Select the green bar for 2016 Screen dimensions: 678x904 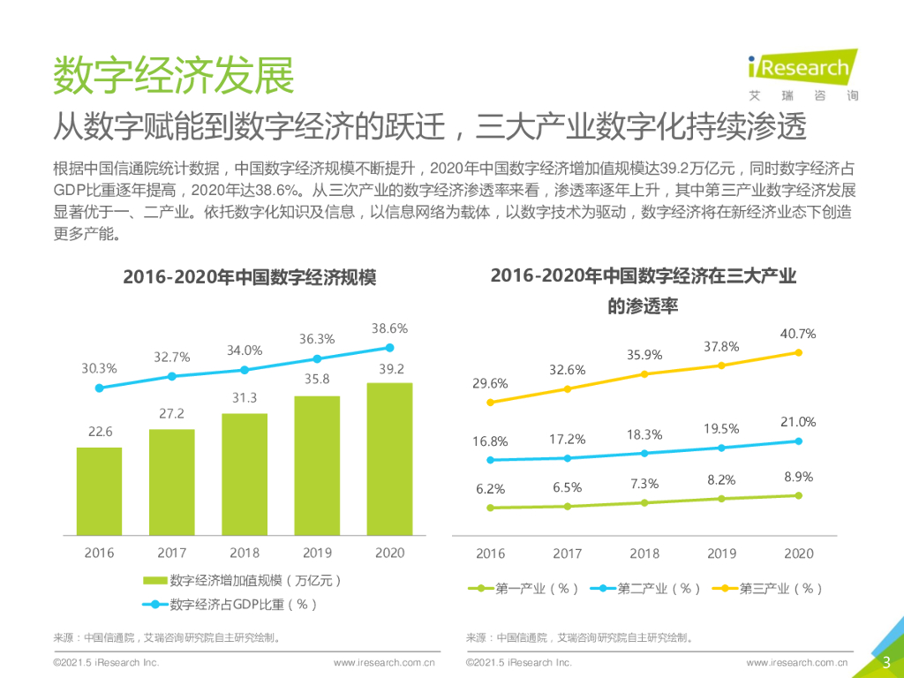[x=99, y=491]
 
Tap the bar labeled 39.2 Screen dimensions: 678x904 [x=389, y=458]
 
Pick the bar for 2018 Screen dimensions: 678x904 [x=245, y=473]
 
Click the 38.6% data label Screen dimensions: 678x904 [x=389, y=328]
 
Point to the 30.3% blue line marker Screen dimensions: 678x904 [x=99, y=388]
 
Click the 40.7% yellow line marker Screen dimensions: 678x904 [x=798, y=352]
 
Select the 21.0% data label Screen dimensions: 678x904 [x=798, y=422]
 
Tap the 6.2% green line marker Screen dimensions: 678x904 [x=490, y=508]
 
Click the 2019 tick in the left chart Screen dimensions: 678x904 [x=317, y=553]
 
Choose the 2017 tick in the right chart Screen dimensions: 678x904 [x=568, y=554]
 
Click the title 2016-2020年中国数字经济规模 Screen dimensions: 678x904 [x=249, y=277]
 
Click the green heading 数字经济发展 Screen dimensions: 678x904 [x=174, y=76]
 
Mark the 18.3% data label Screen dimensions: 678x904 [x=644, y=434]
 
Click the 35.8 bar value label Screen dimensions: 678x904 [x=317, y=380]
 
